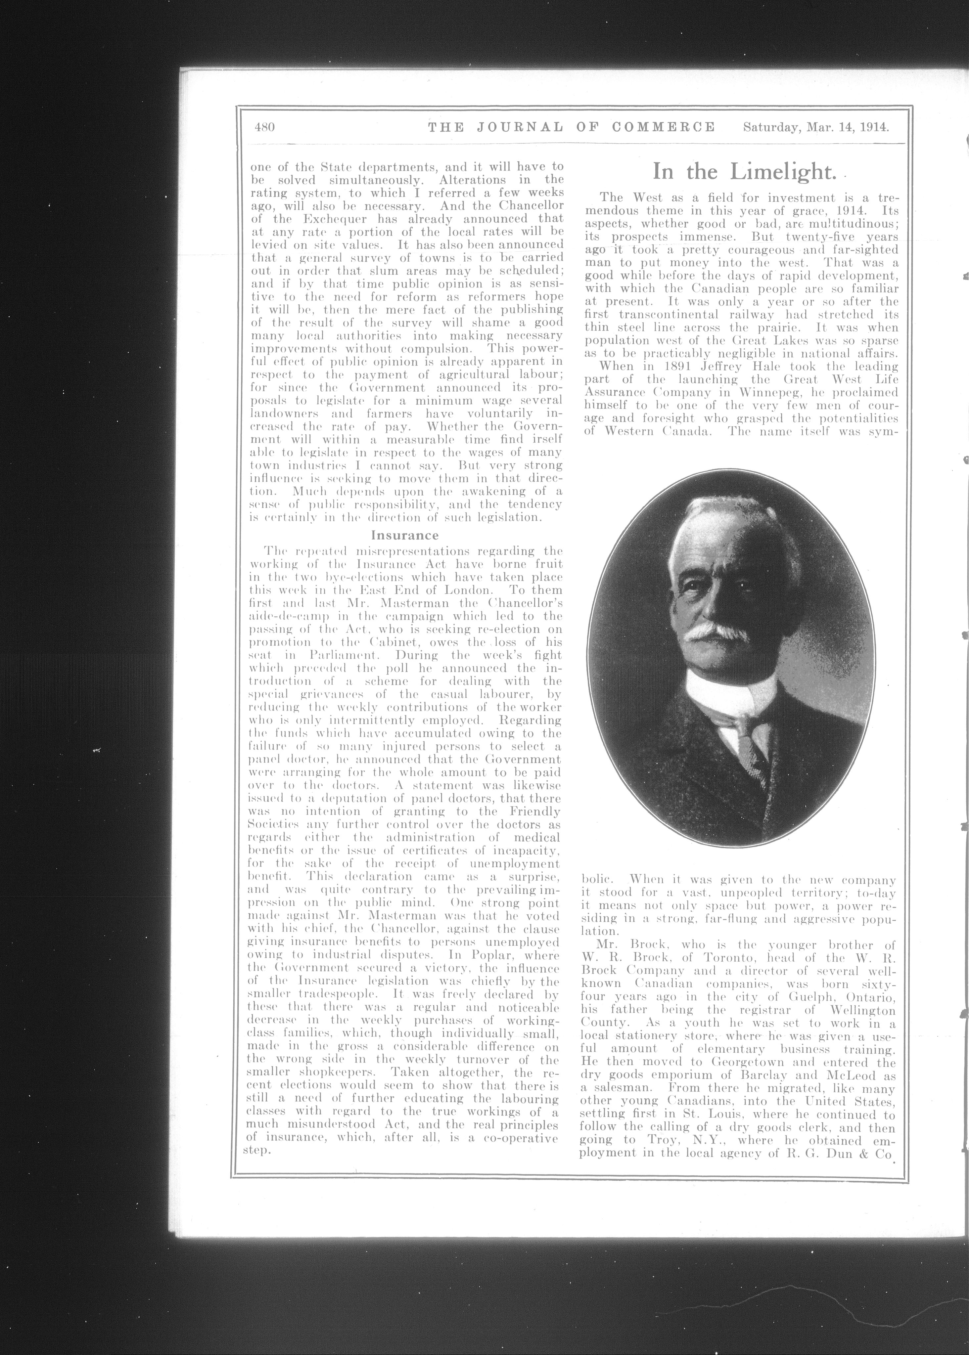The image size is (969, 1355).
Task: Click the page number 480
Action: pos(264,127)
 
